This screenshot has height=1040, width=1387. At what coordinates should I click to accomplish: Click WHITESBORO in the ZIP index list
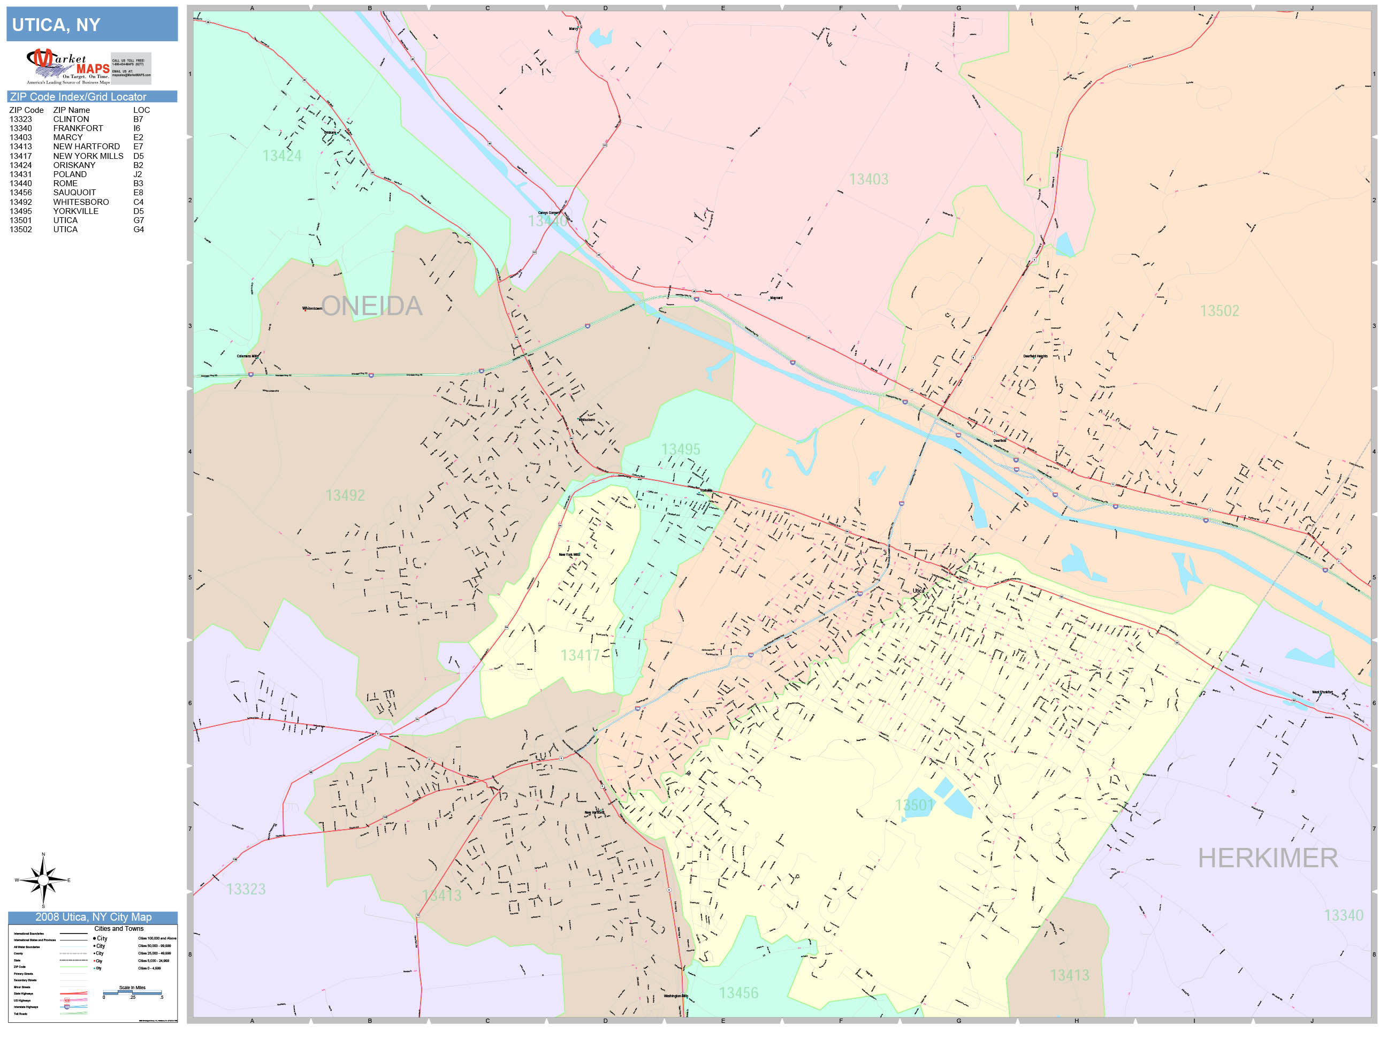click(81, 202)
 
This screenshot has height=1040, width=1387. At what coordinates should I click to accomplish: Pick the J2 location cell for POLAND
click(138, 174)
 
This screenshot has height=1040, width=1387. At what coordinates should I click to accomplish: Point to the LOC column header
click(141, 110)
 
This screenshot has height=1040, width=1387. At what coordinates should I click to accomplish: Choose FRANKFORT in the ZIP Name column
click(78, 128)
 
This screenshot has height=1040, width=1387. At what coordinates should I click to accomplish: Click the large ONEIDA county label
click(371, 306)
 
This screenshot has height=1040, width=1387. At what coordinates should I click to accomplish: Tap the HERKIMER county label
click(1267, 858)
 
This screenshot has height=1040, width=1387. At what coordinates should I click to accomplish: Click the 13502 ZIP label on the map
click(1219, 311)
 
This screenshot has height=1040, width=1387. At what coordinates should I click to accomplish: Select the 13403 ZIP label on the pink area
click(868, 179)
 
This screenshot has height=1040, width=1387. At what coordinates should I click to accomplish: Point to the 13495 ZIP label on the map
click(680, 449)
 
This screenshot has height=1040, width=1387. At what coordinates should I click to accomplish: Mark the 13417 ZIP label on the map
click(580, 656)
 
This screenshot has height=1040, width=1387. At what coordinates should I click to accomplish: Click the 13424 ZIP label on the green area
click(281, 156)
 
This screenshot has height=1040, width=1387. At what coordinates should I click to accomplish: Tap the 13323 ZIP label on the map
click(246, 889)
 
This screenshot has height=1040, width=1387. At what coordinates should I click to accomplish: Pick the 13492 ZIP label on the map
click(345, 495)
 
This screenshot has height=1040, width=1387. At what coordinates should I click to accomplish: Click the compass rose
click(43, 880)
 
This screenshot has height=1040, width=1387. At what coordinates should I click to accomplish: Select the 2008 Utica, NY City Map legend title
click(93, 917)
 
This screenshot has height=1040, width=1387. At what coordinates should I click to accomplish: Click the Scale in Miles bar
click(132, 992)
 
